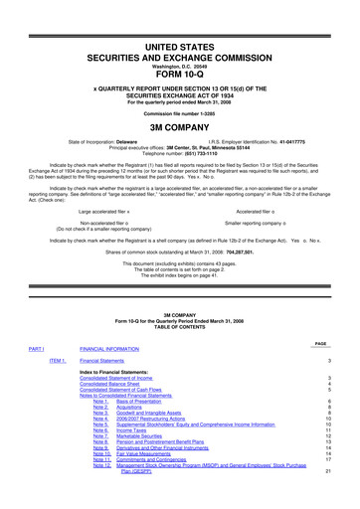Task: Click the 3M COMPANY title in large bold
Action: coord(181,127)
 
